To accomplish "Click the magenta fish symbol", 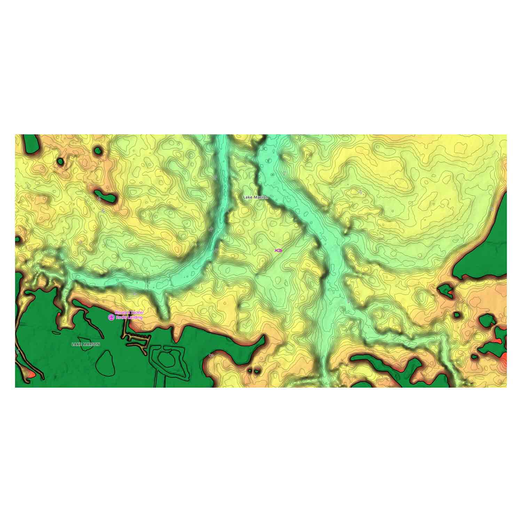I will (x=278, y=250).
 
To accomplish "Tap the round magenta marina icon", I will (x=111, y=317).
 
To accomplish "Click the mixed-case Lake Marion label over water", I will (x=256, y=197).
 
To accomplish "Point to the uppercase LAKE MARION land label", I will (x=86, y=344).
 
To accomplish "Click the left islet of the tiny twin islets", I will (x=251, y=371).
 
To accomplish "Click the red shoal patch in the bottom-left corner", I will (x=31, y=374).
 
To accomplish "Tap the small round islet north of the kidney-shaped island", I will (x=98, y=151).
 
